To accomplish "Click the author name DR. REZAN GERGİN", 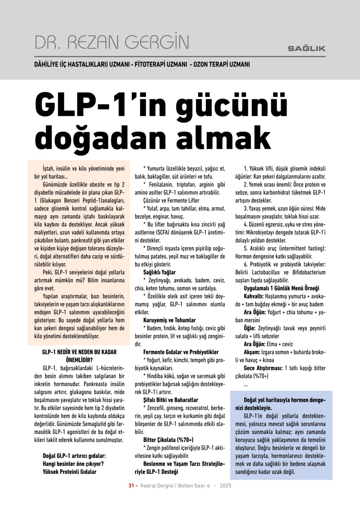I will (x=112, y=42).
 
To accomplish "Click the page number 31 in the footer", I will (x=131, y=486).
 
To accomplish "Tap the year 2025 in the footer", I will (x=225, y=486).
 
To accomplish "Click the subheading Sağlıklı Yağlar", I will (x=159, y=273).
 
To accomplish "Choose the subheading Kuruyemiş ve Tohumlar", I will (x=169, y=320).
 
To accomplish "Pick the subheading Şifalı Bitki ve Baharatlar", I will (x=170, y=400).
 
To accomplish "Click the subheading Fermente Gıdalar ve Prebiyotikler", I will (x=181, y=352).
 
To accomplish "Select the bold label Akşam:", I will (x=252, y=352).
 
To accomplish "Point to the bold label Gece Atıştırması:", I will (x=263, y=368).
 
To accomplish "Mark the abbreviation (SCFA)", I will (x=163, y=232).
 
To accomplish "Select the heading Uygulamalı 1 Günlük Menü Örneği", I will (x=281, y=289).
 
